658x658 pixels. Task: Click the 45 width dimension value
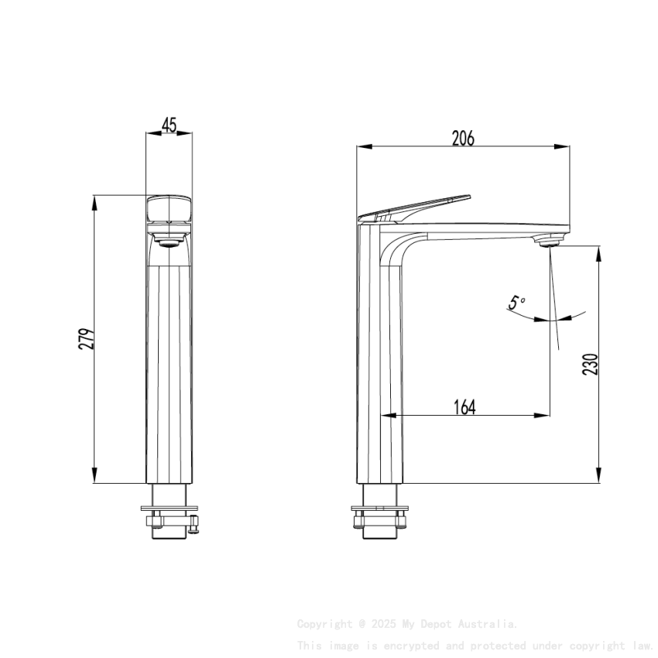(x=170, y=125)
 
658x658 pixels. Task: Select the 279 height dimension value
(x=87, y=339)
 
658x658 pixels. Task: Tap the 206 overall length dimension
(x=463, y=139)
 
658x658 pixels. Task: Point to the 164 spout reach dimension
(x=464, y=406)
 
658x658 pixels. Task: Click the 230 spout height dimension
(x=591, y=365)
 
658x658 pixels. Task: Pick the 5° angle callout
(x=516, y=303)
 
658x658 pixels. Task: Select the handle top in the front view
(x=170, y=207)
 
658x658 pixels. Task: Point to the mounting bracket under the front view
(x=169, y=517)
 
